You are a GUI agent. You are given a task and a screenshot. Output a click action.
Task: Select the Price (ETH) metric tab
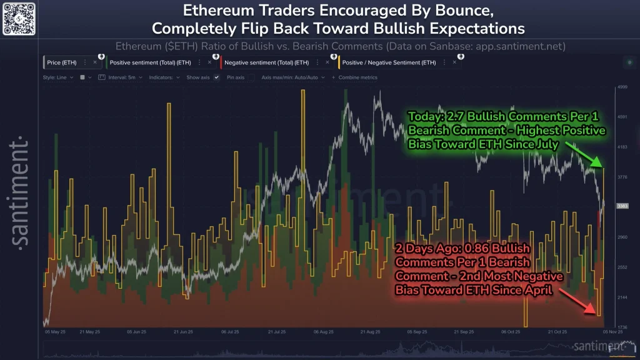[x=62, y=62]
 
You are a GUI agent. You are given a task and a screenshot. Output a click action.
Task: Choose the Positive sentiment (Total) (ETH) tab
[x=149, y=62]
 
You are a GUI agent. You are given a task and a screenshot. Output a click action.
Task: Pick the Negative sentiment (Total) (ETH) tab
[x=267, y=62]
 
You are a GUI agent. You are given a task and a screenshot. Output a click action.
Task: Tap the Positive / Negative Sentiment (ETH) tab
[x=389, y=62]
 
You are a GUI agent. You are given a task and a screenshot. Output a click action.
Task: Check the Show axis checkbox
[x=216, y=77]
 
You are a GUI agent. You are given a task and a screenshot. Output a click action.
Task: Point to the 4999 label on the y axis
[x=622, y=87]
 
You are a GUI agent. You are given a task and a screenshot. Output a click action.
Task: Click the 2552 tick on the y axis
[x=622, y=267]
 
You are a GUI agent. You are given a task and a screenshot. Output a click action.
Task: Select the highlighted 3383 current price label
[x=622, y=206]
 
